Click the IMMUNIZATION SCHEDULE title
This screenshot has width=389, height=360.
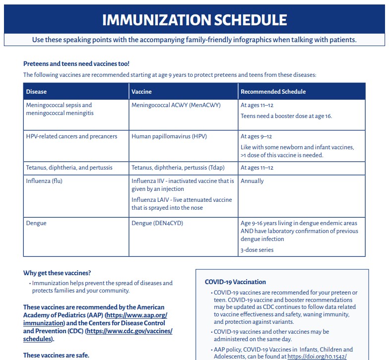(x=194, y=20)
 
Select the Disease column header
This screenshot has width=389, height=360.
(x=37, y=92)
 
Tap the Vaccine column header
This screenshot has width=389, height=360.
(x=142, y=92)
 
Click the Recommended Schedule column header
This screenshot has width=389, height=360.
(x=273, y=92)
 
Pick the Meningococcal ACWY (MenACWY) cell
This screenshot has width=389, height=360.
(x=176, y=105)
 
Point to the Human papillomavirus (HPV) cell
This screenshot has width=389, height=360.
(x=169, y=136)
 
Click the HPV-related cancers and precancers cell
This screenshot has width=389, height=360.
(x=71, y=136)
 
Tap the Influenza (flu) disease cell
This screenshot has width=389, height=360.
(x=45, y=181)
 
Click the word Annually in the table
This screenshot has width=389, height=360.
(x=252, y=181)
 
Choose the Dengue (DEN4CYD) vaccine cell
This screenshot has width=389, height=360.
(x=157, y=223)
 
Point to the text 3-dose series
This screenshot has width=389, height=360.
(x=257, y=250)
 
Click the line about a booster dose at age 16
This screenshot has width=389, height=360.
(x=286, y=116)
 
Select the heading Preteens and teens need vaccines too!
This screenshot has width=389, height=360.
(x=76, y=63)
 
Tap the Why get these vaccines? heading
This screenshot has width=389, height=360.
(x=57, y=273)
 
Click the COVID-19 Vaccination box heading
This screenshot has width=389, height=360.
(x=235, y=282)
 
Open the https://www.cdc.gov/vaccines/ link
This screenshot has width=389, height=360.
(x=130, y=331)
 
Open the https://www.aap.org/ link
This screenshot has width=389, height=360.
(x=137, y=315)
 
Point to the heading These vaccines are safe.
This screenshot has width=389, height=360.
(x=56, y=355)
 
